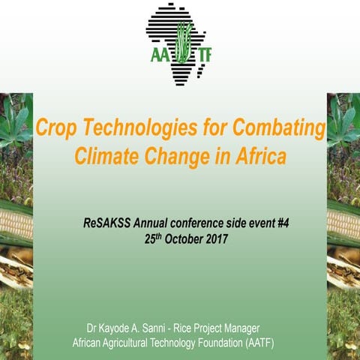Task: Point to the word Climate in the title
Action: coord(104,158)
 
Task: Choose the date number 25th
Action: coord(154,239)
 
